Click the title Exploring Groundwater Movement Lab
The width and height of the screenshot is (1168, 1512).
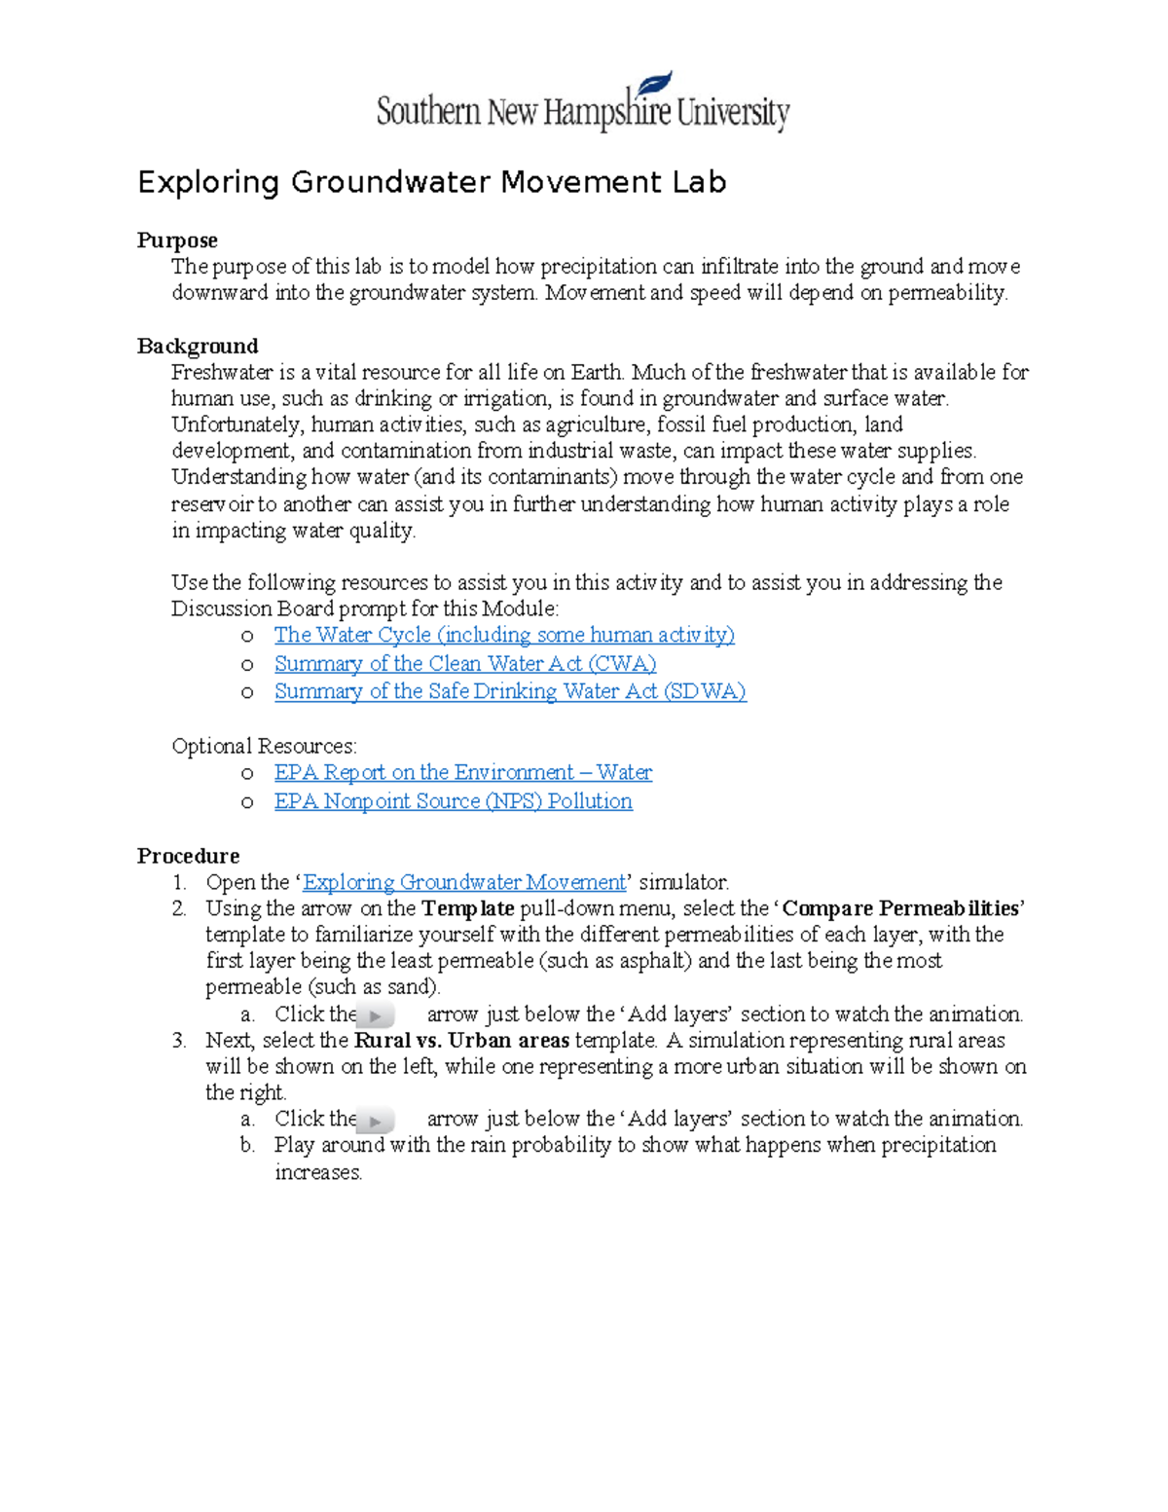pyautogui.click(x=431, y=182)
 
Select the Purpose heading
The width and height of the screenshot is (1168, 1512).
pyautogui.click(x=177, y=240)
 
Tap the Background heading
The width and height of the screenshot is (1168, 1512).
pyautogui.click(x=198, y=347)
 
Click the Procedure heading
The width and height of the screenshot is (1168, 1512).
pyautogui.click(x=188, y=856)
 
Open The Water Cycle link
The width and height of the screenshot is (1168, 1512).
pyautogui.click(x=503, y=635)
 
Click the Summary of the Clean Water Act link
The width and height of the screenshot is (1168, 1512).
pyautogui.click(x=464, y=664)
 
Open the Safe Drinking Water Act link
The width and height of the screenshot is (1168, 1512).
pyautogui.click(x=509, y=691)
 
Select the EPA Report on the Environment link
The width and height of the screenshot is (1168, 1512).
pyautogui.click(x=462, y=772)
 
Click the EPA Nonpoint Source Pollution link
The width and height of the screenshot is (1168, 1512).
pyautogui.click(x=453, y=801)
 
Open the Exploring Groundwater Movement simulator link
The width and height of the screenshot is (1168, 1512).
pyautogui.click(x=464, y=882)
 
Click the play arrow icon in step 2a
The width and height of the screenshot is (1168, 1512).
pyautogui.click(x=376, y=1015)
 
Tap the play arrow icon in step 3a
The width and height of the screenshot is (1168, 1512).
pyautogui.click(x=376, y=1121)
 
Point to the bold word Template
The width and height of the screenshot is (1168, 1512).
pyautogui.click(x=467, y=908)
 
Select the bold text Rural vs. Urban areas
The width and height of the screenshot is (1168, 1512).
pyautogui.click(x=461, y=1040)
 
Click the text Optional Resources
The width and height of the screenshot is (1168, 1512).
pyautogui.click(x=264, y=746)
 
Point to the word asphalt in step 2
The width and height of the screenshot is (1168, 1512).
pyautogui.click(x=655, y=961)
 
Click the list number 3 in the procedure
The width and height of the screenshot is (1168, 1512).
pyautogui.click(x=178, y=1040)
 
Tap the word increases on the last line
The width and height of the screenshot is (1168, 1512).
pyautogui.click(x=317, y=1172)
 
